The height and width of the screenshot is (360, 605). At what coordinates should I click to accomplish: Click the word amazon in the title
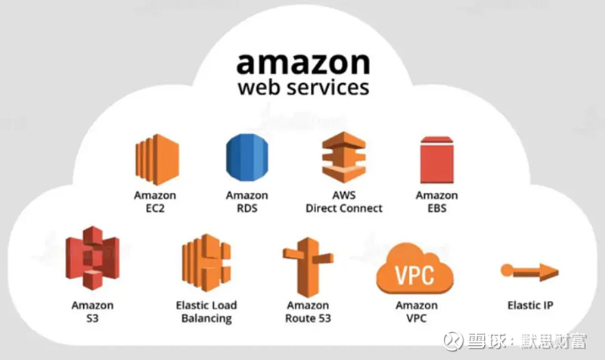point(303,64)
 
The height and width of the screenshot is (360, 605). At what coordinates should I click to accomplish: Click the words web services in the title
point(303,87)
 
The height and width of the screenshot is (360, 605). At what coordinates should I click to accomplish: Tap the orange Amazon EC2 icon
point(157,160)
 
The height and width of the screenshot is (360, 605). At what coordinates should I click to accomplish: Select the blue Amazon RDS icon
point(247,157)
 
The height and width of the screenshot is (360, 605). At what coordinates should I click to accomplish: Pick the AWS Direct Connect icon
point(344,157)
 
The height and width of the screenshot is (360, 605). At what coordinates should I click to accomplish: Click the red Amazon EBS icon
point(437,160)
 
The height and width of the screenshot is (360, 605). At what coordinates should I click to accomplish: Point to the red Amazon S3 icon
point(92,258)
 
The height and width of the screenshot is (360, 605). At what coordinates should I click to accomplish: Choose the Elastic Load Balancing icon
point(206,262)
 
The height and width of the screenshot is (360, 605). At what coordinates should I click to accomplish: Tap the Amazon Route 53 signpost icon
point(308,267)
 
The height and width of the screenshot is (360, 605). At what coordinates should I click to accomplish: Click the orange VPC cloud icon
point(415,269)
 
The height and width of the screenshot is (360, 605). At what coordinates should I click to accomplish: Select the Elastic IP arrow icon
point(529,272)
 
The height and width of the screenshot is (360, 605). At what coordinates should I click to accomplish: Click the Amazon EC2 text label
point(155,201)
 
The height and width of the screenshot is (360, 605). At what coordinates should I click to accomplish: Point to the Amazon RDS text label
point(247,201)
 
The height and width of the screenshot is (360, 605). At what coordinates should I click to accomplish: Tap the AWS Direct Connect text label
point(344,201)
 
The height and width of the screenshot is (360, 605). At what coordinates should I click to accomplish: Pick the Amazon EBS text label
point(437,201)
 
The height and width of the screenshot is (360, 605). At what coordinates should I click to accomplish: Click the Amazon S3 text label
point(92,312)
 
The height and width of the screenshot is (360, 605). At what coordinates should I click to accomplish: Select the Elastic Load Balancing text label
point(206,312)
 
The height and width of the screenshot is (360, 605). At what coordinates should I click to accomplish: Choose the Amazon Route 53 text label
point(308,312)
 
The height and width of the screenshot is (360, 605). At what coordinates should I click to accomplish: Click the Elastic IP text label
point(530,306)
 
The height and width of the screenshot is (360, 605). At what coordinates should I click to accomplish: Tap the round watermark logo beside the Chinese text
point(453,341)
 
